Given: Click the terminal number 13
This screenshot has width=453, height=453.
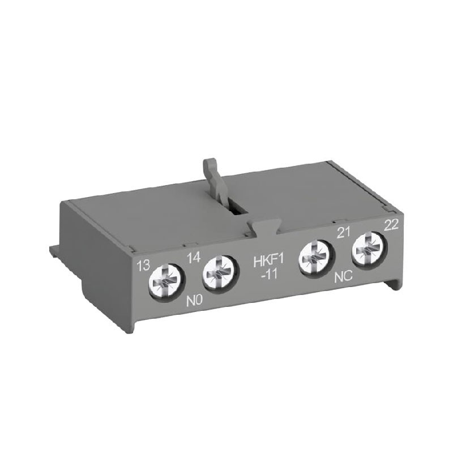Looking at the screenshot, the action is click(x=144, y=265).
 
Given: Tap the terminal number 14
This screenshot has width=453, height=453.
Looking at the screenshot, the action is click(x=194, y=258).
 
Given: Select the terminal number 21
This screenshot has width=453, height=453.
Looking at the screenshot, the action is click(x=343, y=232).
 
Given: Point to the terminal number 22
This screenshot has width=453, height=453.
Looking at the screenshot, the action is click(x=391, y=224).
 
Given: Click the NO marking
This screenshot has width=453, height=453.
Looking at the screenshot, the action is click(x=194, y=301).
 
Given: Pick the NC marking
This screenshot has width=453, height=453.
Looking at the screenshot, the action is click(x=343, y=277).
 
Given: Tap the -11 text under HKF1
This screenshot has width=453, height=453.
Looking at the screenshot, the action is click(x=269, y=274).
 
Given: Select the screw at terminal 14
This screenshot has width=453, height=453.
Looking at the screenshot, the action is click(x=221, y=273).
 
